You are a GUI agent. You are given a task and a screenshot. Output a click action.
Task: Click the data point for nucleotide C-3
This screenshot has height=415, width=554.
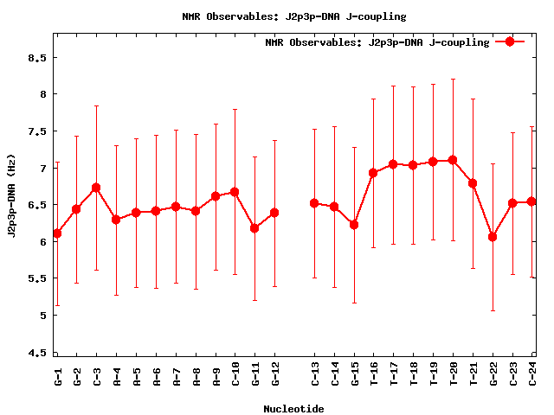[96, 188]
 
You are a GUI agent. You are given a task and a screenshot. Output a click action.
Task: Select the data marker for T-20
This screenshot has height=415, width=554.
[453, 160]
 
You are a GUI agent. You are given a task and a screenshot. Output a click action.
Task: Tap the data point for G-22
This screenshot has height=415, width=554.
[493, 237]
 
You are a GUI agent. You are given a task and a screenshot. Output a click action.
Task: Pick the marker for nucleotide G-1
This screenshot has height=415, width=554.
[57, 233]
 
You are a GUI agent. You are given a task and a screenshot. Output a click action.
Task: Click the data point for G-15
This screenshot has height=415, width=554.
[354, 225]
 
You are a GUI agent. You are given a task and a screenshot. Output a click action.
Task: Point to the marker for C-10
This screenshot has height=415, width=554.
[235, 192]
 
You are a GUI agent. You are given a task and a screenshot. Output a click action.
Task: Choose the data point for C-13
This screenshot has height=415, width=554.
[314, 203]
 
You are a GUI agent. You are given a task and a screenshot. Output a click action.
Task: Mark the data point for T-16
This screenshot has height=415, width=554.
[373, 173]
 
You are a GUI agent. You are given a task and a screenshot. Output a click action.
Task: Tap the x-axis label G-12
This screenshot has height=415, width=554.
[275, 374]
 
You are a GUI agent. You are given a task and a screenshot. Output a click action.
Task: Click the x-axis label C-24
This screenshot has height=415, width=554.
[532, 374]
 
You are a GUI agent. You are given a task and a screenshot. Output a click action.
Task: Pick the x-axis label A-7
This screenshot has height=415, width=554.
[176, 374]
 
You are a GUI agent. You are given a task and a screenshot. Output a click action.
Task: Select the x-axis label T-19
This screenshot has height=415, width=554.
[433, 374]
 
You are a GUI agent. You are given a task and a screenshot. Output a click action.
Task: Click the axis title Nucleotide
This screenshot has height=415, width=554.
[293, 409]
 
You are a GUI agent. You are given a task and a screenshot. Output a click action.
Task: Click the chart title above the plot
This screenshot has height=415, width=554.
[293, 16]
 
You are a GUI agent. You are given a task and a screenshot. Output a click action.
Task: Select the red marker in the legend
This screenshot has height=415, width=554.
[510, 41]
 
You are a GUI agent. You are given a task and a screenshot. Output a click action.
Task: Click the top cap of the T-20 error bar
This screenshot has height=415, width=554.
[453, 80]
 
